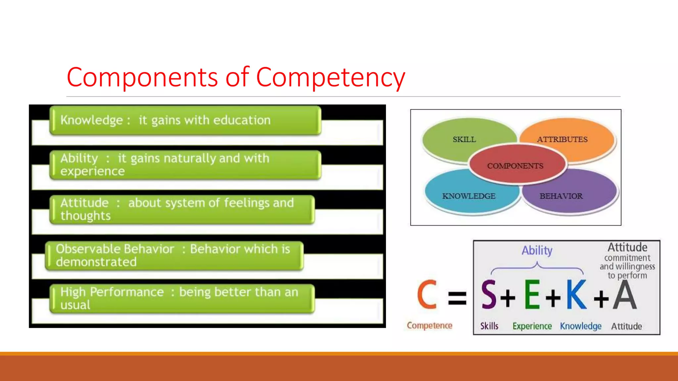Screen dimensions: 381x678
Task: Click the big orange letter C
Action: pyautogui.click(x=427, y=294)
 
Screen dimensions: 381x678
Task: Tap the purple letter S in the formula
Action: pyautogui.click(x=489, y=294)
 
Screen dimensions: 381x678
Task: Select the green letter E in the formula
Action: pyautogui.click(x=532, y=294)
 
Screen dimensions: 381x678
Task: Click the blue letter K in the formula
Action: pyautogui.click(x=576, y=294)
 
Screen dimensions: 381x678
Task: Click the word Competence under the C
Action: pyautogui.click(x=429, y=325)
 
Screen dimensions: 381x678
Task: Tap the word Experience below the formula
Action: pyautogui.click(x=532, y=326)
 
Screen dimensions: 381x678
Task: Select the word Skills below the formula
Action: pyautogui.click(x=489, y=326)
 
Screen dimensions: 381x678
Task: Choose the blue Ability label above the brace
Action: pyautogui.click(x=537, y=250)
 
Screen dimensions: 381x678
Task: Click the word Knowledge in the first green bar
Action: pyautogui.click(x=92, y=120)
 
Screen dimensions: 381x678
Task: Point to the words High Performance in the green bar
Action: pyautogui.click(x=112, y=292)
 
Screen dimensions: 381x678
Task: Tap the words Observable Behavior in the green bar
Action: pyautogui.click(x=115, y=249)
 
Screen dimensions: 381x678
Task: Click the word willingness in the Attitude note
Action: pyautogui.click(x=635, y=267)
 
